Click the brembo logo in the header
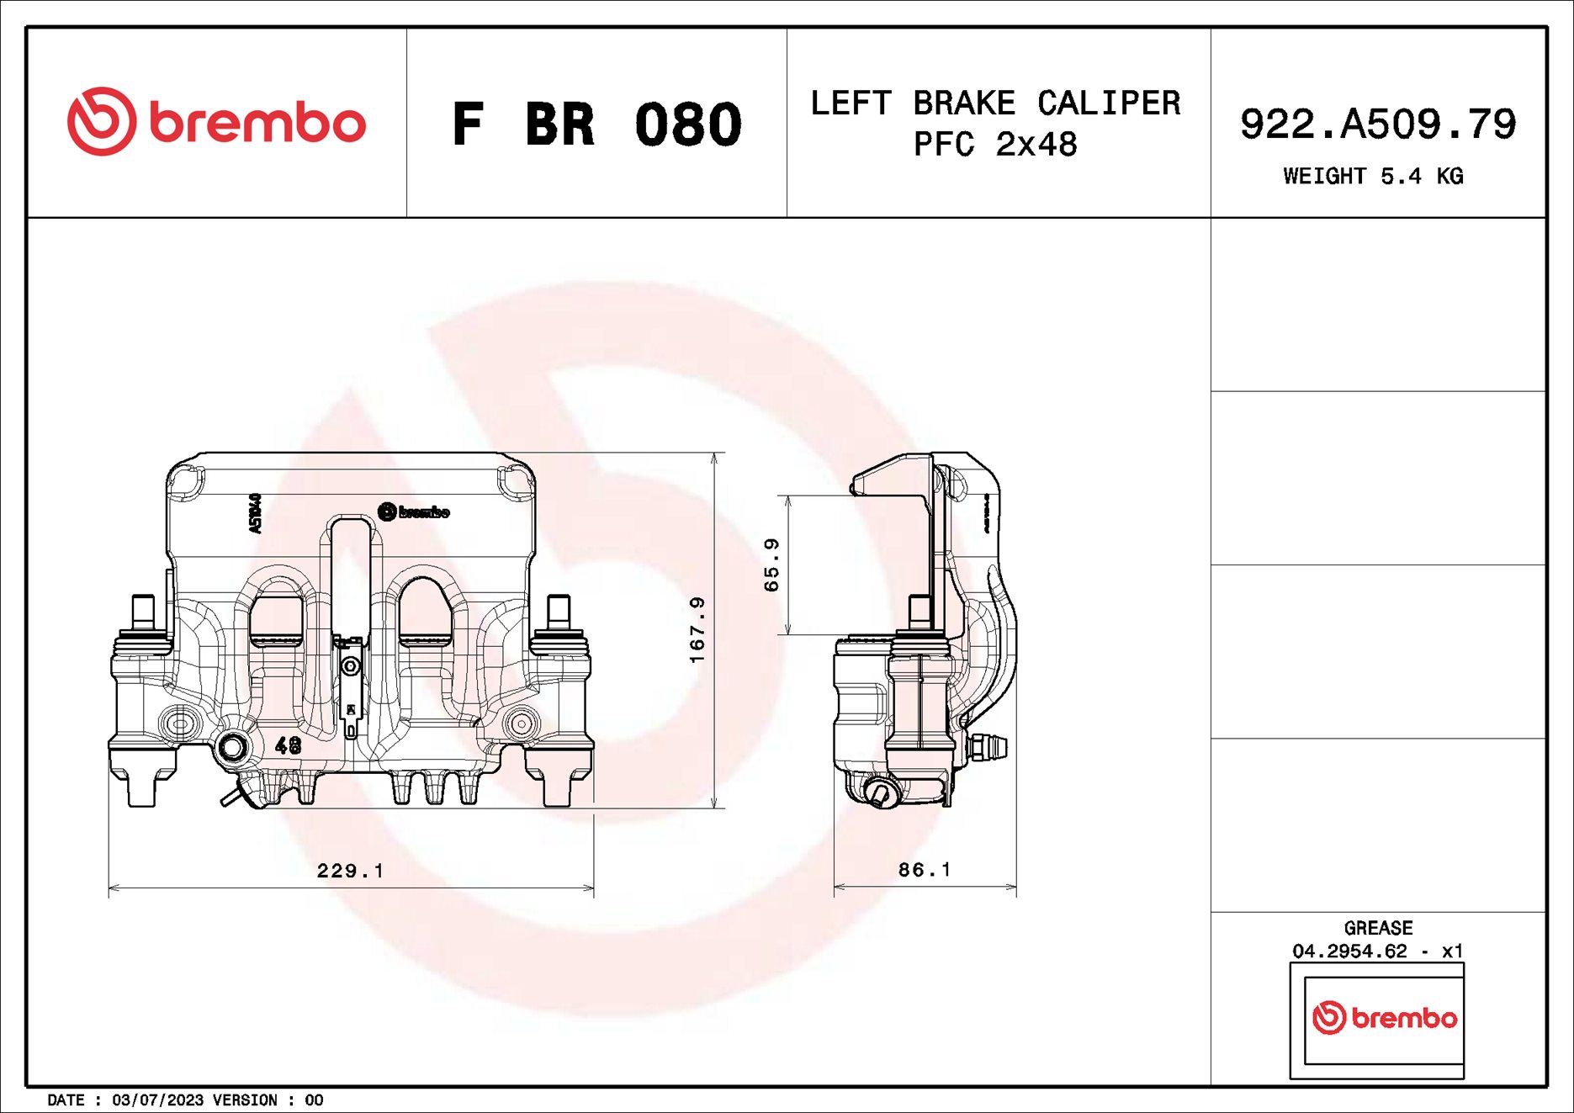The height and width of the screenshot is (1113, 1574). click(x=216, y=122)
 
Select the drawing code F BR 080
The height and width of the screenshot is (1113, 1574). click(x=596, y=125)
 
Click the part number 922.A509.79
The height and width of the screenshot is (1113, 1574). click(x=1377, y=124)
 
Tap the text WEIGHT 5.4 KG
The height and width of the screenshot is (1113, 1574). click(x=1373, y=177)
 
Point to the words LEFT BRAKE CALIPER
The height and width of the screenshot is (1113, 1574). click(x=995, y=103)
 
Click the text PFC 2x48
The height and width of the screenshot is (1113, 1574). click(x=995, y=145)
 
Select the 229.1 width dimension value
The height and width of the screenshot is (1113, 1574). click(x=350, y=871)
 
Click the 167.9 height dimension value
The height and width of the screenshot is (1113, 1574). click(x=697, y=629)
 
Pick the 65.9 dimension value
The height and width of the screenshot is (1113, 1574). click(x=771, y=565)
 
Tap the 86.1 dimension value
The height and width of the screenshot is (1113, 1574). click(x=925, y=870)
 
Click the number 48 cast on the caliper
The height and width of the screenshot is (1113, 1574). click(x=289, y=745)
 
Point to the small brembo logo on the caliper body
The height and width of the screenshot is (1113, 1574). click(x=413, y=511)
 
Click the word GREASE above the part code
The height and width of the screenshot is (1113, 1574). click(x=1378, y=928)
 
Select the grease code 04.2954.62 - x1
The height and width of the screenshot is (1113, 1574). click(x=1378, y=951)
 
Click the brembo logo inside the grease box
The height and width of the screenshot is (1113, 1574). click(x=1384, y=1018)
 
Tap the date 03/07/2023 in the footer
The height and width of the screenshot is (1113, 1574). click(x=157, y=1100)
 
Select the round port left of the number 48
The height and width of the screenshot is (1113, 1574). click(x=232, y=747)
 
